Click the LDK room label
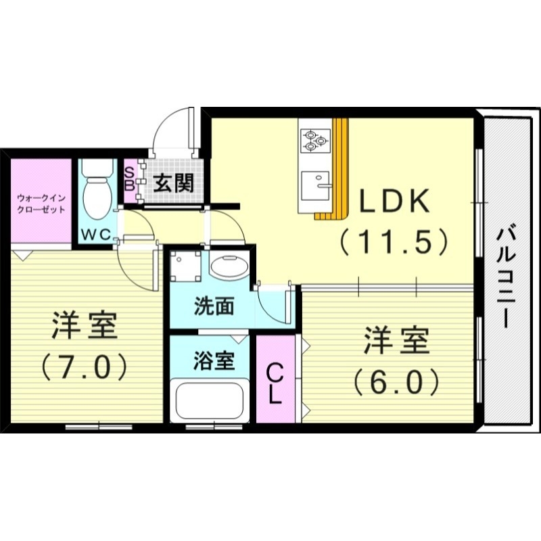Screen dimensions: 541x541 [394, 201]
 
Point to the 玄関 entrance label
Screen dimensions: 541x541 [173, 182]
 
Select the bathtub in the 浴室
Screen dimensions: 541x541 [209, 401]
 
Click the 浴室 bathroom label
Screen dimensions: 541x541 [213, 360]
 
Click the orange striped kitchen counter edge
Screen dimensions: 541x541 [340, 169]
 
